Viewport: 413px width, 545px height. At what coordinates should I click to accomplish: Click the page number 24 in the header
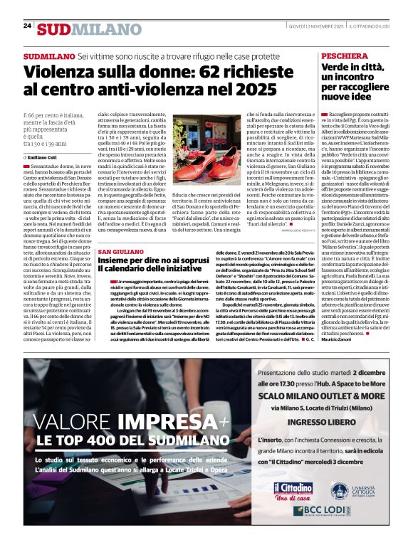coord(27,26)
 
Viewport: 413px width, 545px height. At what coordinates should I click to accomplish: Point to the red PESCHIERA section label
coord(345,55)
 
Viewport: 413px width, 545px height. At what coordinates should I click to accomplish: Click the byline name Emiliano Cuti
coord(46,157)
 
